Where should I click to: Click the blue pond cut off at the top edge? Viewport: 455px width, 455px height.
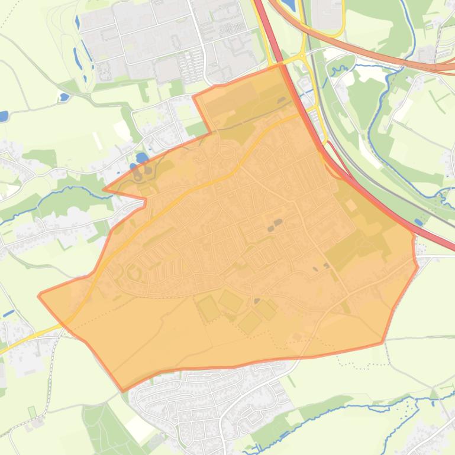(288, 5)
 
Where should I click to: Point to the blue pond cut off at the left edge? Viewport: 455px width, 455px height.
(3, 115)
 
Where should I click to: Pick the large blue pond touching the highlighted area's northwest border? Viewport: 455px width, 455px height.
(142, 158)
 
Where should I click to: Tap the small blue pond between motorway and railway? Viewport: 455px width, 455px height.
(419, 222)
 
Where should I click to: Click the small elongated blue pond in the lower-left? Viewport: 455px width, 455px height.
(9, 313)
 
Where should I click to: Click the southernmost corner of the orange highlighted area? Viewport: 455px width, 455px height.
(123, 391)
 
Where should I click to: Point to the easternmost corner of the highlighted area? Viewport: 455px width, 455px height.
(418, 265)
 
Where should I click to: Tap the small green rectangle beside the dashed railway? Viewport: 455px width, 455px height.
(32, 411)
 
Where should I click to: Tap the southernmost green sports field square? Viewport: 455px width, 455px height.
(250, 323)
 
